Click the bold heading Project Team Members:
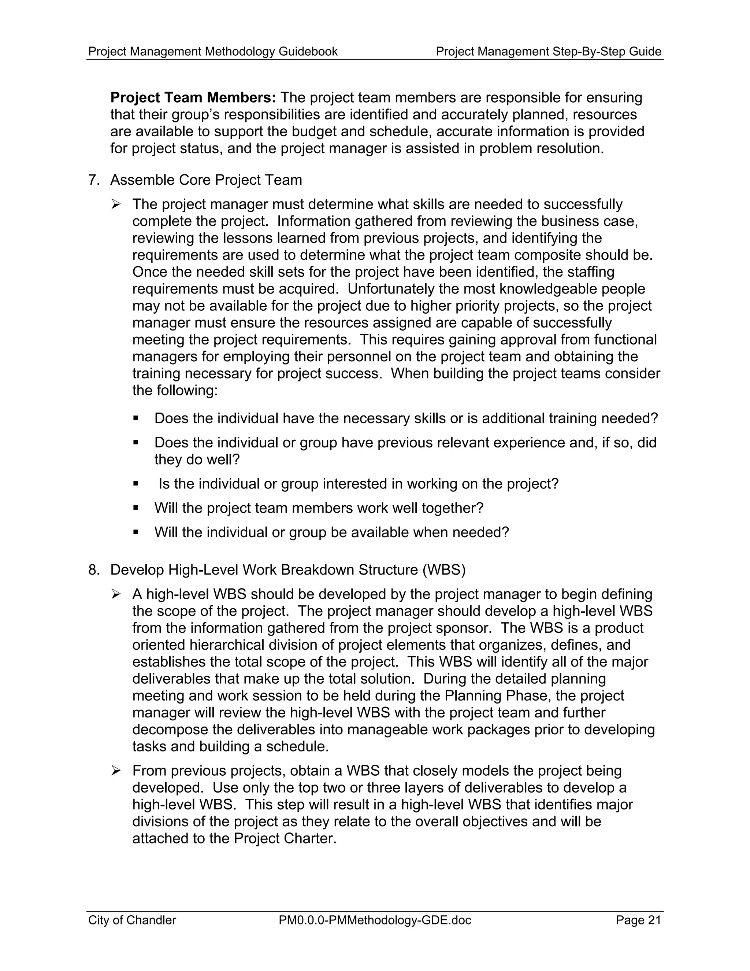(x=193, y=98)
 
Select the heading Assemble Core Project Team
(x=206, y=180)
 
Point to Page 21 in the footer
(x=638, y=920)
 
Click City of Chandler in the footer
(x=132, y=920)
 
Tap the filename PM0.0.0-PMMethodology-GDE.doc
(x=375, y=920)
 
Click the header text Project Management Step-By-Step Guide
(x=548, y=52)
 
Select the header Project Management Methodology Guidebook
(x=213, y=52)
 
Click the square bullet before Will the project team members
(x=136, y=508)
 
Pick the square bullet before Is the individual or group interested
(x=136, y=483)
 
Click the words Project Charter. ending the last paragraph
(x=284, y=838)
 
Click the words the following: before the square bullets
(x=175, y=391)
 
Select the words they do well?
(x=197, y=459)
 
